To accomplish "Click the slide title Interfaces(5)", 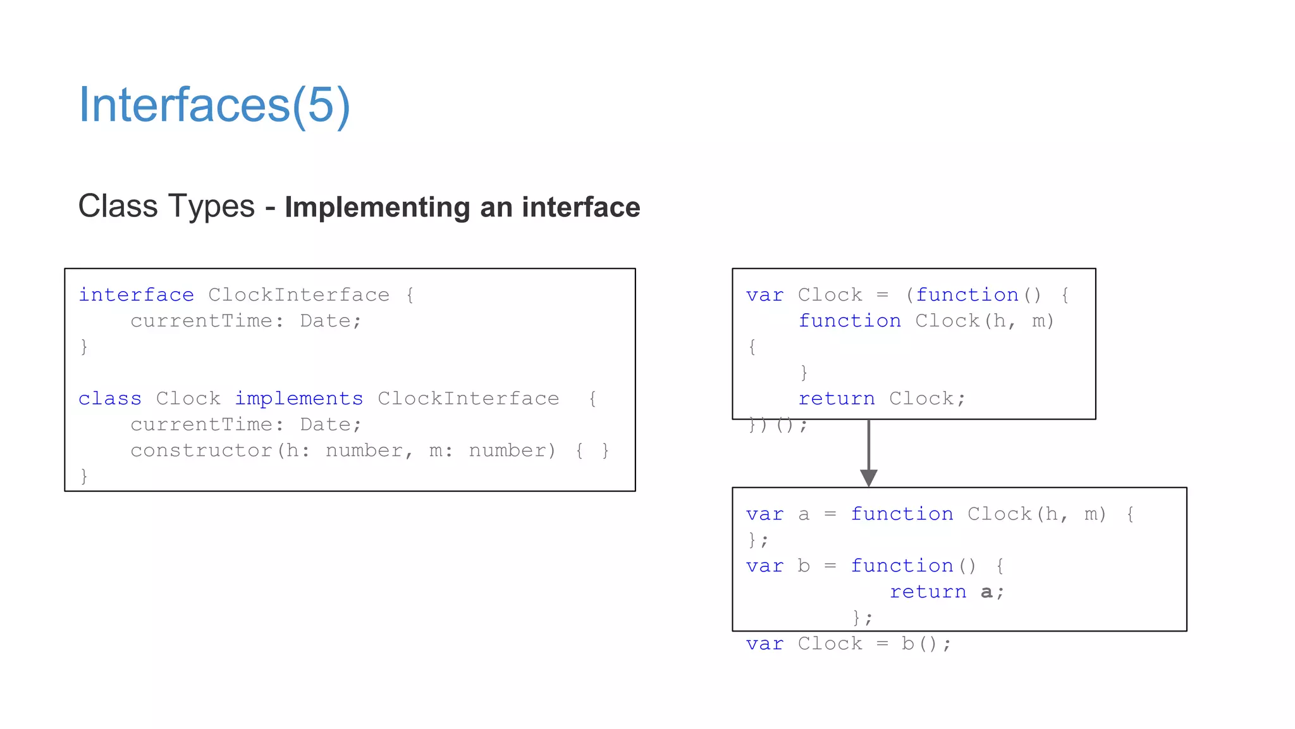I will click(x=214, y=105).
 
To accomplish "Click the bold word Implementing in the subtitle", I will click(x=377, y=208).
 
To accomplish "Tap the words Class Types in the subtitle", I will click(x=166, y=206).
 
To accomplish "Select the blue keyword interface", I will click(x=136, y=295).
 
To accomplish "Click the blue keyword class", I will click(x=110, y=399).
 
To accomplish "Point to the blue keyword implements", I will click(x=298, y=399).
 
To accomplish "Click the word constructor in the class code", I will click(x=201, y=451).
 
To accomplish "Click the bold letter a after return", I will click(x=986, y=592).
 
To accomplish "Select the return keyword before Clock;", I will click(x=836, y=399).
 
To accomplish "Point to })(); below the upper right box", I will click(x=777, y=425).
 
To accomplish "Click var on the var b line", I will click(x=764, y=566).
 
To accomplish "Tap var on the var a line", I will click(x=764, y=514).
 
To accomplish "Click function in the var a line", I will click(x=902, y=514).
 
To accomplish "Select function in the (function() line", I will click(x=967, y=295).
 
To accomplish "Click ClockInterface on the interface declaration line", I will click(x=298, y=295).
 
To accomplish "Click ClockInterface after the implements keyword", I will click(x=468, y=399).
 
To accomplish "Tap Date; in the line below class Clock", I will click(x=330, y=425).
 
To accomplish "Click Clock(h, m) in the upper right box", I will click(x=984, y=321).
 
